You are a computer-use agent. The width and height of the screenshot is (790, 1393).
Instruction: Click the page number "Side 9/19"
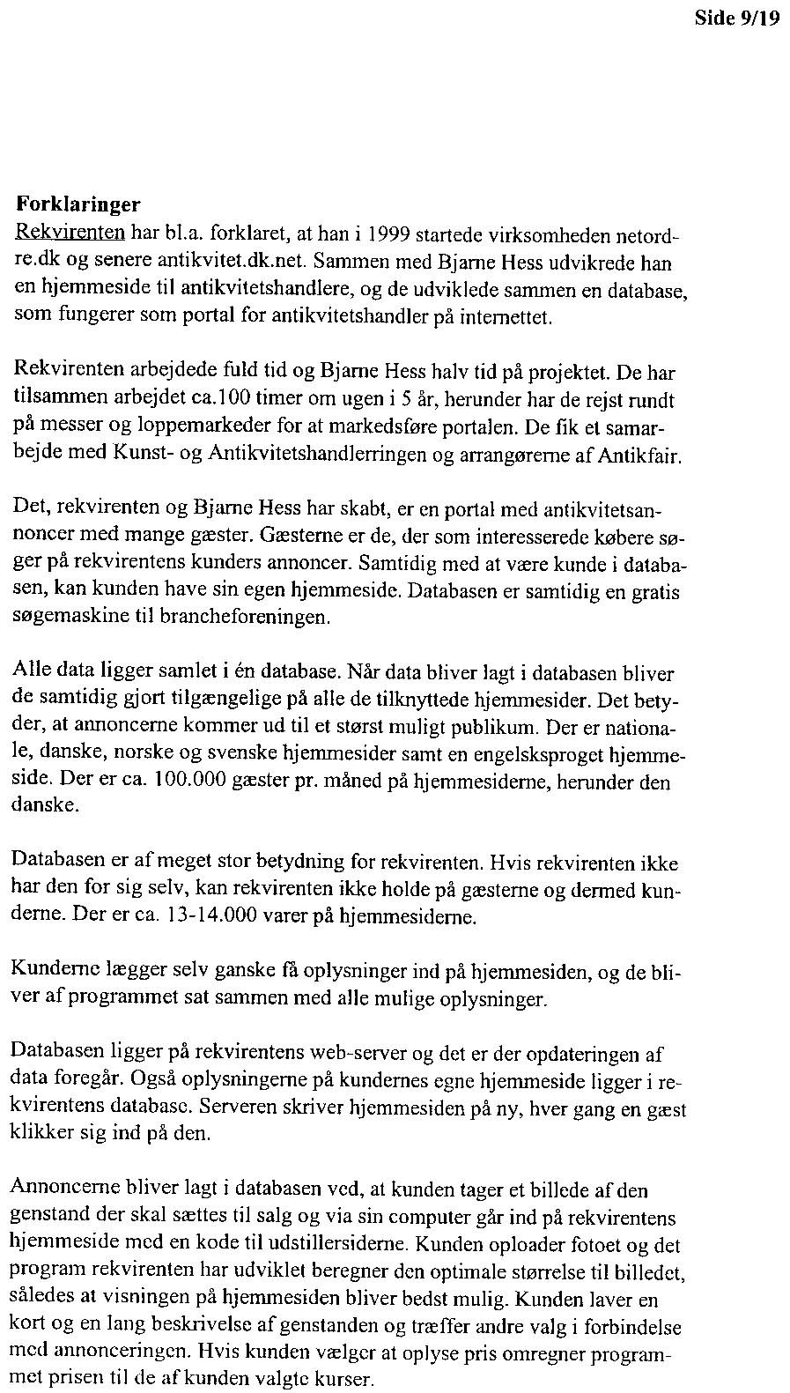tap(737, 19)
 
